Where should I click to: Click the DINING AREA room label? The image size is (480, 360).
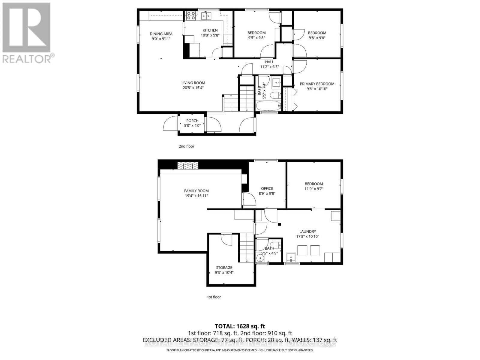click(161, 34)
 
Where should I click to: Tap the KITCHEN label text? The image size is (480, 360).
click(210, 30)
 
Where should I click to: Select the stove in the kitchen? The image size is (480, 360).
click(191, 16)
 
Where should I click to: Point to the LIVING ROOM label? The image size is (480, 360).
click(193, 83)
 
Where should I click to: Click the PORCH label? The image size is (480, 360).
click(192, 121)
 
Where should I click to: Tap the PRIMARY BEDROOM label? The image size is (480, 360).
click(317, 84)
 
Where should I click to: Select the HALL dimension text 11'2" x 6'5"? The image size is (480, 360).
click(269, 67)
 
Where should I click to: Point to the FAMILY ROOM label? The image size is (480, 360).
click(196, 191)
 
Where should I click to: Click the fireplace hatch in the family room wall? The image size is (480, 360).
click(188, 166)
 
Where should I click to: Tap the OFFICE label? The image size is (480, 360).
click(267, 189)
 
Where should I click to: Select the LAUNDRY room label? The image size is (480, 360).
click(307, 232)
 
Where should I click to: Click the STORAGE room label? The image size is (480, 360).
click(224, 268)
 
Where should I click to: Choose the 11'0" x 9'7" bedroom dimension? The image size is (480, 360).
click(314, 189)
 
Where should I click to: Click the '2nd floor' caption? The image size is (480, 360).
click(187, 146)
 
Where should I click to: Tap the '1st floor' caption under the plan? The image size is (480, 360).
click(214, 297)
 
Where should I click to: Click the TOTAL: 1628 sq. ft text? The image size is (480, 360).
click(240, 326)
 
